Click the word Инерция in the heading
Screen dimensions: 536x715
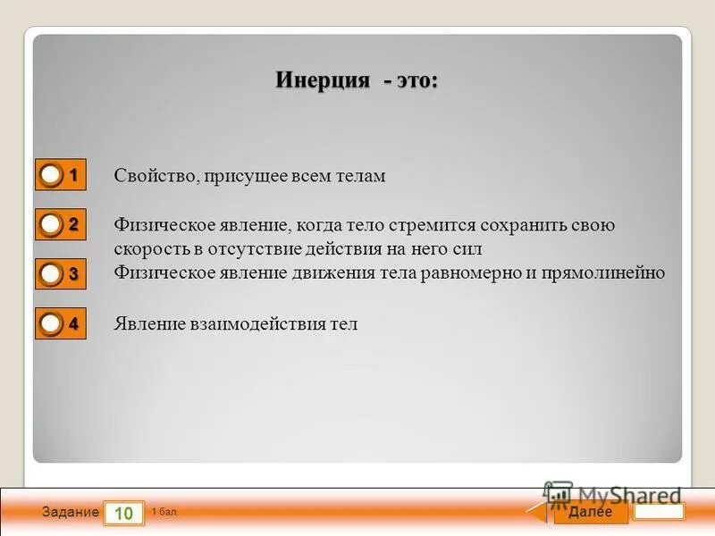tap(323, 80)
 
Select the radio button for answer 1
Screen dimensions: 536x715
tap(52, 175)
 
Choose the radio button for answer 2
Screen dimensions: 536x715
tap(52, 225)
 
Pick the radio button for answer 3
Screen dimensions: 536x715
tap(52, 273)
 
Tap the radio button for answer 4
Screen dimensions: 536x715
tap(52, 323)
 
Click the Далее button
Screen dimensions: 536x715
tap(590, 512)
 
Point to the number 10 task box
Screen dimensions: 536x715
tap(124, 513)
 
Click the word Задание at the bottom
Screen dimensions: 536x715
tap(70, 513)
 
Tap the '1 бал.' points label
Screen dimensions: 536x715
tap(165, 512)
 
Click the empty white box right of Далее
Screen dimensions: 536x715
tap(660, 512)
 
